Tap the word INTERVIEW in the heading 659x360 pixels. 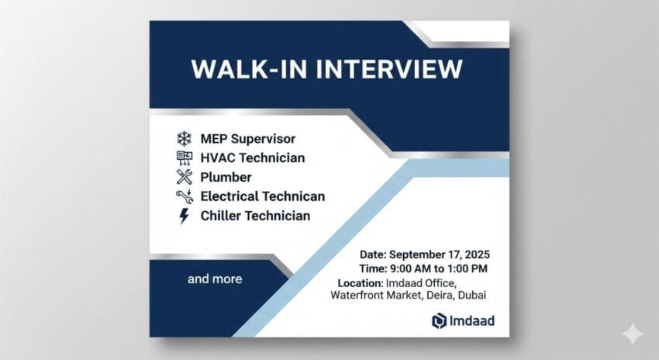[388, 69]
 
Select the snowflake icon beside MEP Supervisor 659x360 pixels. [184, 138]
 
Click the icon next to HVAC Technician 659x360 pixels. [184, 157]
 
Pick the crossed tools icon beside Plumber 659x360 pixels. [184, 177]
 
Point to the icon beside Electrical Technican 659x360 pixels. [185, 196]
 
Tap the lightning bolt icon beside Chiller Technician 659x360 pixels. [184, 216]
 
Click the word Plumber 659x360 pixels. [226, 178]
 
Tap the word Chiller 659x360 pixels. [221, 216]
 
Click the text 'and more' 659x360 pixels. [215, 279]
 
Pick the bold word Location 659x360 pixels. [360, 283]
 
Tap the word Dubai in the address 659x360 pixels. [471, 295]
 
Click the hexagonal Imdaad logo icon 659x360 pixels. [439, 321]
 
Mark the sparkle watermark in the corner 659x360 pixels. [633, 334]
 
